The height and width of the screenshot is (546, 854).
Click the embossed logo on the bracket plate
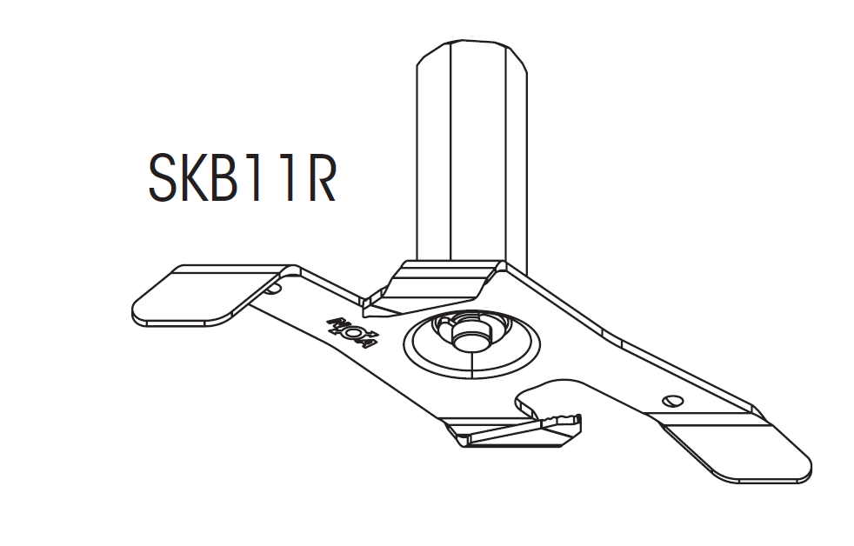click(x=352, y=330)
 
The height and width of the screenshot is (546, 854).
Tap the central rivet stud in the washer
click(x=470, y=336)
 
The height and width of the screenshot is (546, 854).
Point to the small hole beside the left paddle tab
click(x=275, y=285)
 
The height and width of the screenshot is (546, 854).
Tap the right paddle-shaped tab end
click(x=748, y=452)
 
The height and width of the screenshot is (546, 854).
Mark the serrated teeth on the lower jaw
click(x=561, y=422)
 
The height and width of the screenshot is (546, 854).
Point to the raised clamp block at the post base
click(x=435, y=287)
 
